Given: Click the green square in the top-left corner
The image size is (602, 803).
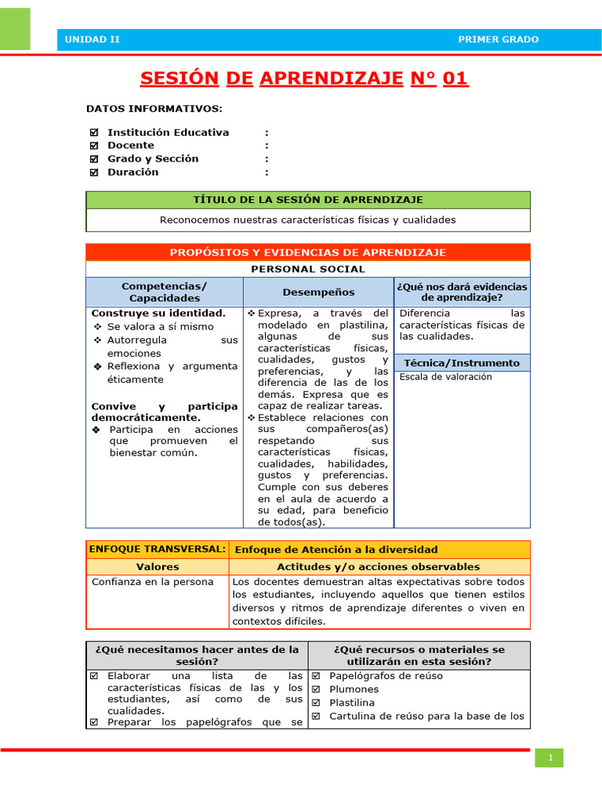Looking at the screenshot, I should (15, 29).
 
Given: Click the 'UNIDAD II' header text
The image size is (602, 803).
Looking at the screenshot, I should (92, 39).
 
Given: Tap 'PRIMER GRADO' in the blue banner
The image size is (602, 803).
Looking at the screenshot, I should (498, 39).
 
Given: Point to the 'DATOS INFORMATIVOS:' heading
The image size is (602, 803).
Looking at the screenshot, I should (154, 108).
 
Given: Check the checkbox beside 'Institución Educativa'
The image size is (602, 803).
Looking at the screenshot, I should (95, 133).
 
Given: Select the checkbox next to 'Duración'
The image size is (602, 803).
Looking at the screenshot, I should (95, 173).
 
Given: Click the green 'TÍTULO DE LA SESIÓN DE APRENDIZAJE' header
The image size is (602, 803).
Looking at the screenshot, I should (308, 200).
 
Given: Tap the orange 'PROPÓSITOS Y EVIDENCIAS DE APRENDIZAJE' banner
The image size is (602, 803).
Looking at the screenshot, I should (308, 253).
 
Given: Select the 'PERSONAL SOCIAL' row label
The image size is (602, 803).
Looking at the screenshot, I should (308, 269).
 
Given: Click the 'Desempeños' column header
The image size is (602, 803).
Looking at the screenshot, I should (318, 292).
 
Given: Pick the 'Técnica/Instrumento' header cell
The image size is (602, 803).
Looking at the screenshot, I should (462, 363).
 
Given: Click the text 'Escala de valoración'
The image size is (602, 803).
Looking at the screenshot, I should (446, 376).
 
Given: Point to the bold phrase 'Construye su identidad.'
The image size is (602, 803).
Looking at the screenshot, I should (158, 313).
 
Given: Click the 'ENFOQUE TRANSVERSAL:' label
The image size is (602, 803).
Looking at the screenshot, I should (158, 549).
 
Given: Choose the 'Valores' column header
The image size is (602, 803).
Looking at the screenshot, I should (158, 566).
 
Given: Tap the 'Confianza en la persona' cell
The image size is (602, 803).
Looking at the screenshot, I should (152, 582).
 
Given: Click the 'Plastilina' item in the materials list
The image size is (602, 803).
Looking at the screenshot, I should (352, 703).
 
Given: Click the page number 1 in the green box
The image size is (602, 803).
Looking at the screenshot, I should (550, 758).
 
